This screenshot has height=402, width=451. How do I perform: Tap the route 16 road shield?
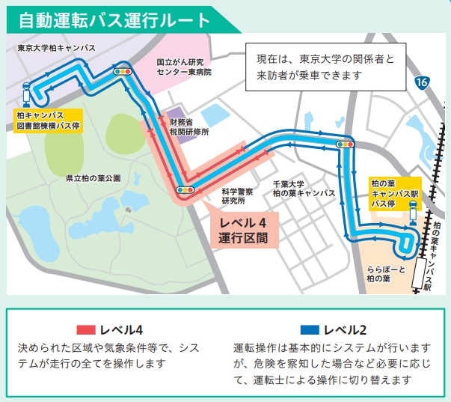tap(423, 82)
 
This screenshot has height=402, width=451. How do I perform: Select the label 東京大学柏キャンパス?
tap(57, 48)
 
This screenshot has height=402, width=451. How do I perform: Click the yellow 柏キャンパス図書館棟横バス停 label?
tap(49, 121)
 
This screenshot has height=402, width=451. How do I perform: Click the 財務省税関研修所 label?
tap(188, 126)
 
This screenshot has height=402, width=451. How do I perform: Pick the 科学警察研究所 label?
tap(238, 196)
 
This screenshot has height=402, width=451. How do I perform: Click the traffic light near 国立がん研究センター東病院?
tap(122, 72)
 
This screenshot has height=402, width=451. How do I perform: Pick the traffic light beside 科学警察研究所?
tap(184, 190)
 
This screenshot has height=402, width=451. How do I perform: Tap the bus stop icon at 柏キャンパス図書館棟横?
tap(27, 93)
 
